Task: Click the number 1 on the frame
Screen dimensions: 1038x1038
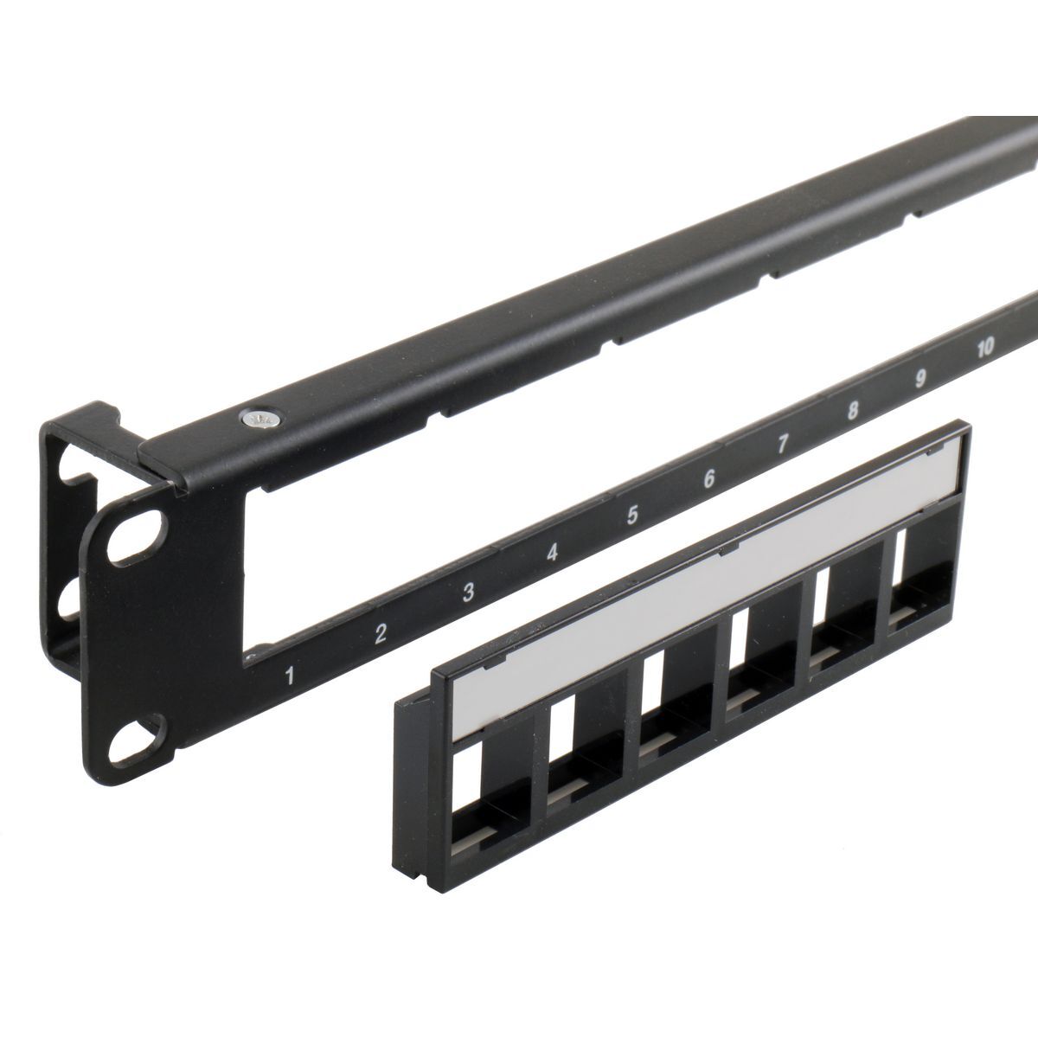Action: click(x=291, y=676)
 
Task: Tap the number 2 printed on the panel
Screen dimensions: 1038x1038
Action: click(x=381, y=633)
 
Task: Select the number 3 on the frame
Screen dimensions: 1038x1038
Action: click(x=468, y=592)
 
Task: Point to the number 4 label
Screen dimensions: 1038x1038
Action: click(x=552, y=553)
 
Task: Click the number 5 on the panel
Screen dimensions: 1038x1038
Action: click(x=632, y=515)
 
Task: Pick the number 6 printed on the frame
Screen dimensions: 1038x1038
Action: click(x=709, y=478)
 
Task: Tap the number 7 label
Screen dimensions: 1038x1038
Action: click(x=783, y=444)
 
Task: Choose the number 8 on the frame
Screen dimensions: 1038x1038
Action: click(x=853, y=411)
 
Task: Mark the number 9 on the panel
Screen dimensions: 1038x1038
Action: click(x=920, y=379)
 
